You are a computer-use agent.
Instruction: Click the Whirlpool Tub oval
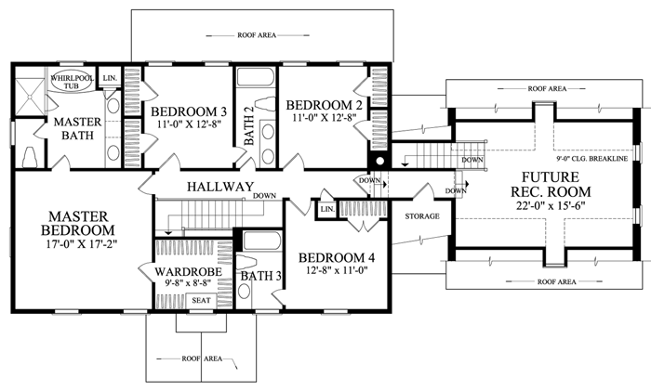click(72, 82)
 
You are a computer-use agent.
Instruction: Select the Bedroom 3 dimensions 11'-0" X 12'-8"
click(189, 124)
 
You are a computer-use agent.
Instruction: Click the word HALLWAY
click(220, 187)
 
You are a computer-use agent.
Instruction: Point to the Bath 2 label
click(248, 125)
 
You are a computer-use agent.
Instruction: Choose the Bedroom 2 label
click(325, 105)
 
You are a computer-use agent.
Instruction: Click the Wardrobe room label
click(189, 272)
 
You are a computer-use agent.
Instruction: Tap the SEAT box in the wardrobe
click(201, 301)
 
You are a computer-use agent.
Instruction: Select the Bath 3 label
click(261, 276)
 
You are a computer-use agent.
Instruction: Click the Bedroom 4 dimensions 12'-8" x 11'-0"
click(337, 270)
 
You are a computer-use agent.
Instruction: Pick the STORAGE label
click(422, 216)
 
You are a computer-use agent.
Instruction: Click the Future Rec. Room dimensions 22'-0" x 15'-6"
click(551, 206)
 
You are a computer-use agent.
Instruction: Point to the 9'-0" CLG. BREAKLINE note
click(592, 159)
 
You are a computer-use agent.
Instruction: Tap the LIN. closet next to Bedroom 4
click(327, 209)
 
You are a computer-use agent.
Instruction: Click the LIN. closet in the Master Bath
click(110, 77)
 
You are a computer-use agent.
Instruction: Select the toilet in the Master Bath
click(30, 157)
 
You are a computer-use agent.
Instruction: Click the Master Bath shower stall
click(30, 97)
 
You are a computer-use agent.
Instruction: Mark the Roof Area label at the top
click(257, 35)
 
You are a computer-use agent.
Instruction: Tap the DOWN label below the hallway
click(264, 196)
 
